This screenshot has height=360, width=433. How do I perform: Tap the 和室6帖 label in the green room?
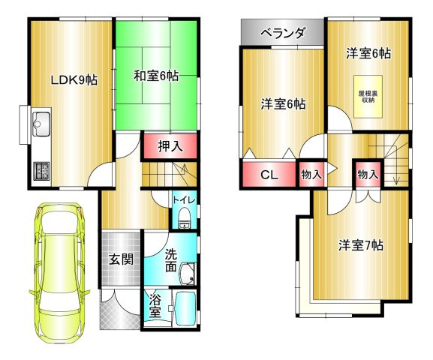pos(155,76)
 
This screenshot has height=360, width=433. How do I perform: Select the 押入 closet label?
pos(170,145)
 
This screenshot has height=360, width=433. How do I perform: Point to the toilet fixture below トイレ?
pos(185,219)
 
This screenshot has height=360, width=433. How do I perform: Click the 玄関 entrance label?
pos(120,260)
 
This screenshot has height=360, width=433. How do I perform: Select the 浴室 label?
pos(154,307)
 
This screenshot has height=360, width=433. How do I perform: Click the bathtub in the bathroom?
pos(184,309)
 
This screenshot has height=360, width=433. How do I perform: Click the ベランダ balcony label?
pos(283,33)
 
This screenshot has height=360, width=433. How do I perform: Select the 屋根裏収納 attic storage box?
pos(367,96)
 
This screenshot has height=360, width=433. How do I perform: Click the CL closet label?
pos(268,175)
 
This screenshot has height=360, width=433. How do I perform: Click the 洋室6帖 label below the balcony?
pos(283,104)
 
